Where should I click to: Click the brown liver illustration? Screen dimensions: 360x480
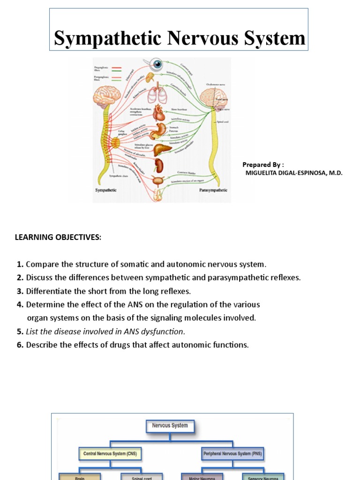[163, 149]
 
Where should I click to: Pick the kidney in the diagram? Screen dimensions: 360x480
[159, 165]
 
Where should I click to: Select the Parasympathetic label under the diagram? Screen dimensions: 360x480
[213, 190]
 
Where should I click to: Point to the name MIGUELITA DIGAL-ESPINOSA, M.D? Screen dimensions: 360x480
[294, 173]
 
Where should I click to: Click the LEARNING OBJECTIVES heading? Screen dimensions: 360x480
[58, 237]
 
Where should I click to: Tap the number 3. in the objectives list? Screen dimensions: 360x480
[20, 291]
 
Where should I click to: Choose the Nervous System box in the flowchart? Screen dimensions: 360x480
[170, 426]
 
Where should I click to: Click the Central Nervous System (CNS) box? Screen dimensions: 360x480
[110, 454]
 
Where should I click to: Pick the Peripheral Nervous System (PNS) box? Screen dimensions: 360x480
[233, 454]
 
